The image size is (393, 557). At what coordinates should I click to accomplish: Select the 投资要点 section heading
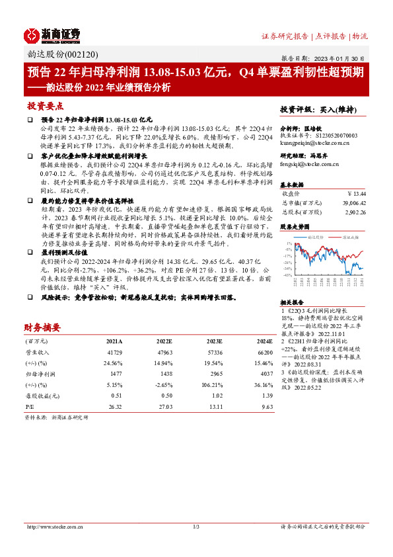coord(44,106)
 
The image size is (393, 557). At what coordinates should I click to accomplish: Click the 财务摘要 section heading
coord(42,327)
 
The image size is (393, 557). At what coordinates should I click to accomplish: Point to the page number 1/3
coord(196,527)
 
